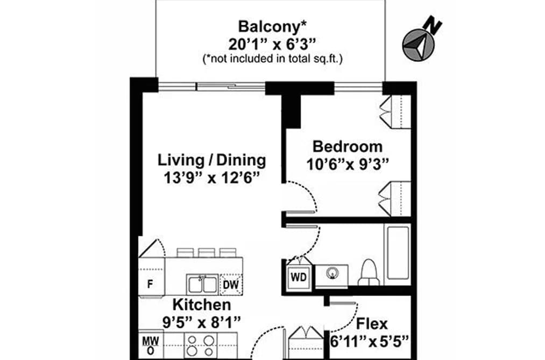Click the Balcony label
272,26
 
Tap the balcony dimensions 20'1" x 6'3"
272,44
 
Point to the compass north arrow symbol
419,45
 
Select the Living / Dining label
211,160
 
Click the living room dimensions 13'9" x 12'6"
211,178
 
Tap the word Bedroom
348,146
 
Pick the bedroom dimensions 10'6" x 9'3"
347,164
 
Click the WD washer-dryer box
299,277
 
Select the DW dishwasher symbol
231,285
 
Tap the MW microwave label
151,341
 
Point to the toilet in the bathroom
370,272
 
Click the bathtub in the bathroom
397,252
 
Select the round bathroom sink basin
332,273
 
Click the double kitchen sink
202,285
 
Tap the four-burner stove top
201,345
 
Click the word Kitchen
202,305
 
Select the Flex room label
372,323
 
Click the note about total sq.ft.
272,59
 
